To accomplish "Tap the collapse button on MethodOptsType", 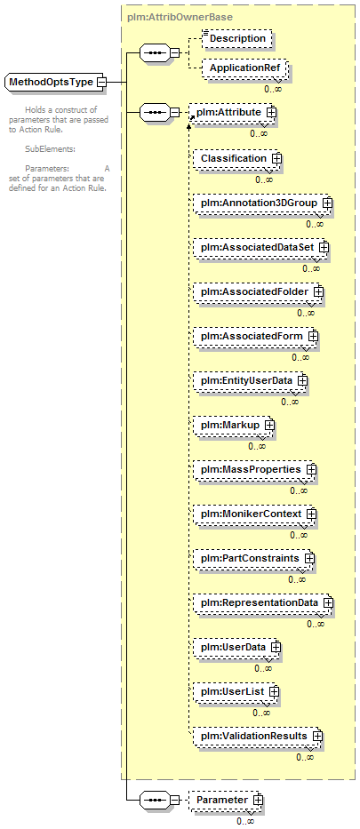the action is click(x=101, y=83).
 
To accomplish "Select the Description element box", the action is click(x=237, y=38).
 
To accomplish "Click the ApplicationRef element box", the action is click(x=244, y=68).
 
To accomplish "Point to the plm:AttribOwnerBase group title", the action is click(x=180, y=17).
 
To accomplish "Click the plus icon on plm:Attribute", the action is click(x=272, y=113).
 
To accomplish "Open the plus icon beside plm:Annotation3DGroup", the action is click(x=328, y=203).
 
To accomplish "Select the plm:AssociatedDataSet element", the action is click(x=261, y=247).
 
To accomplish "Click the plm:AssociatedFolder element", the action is click(x=259, y=291).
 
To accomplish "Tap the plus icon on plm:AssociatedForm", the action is click(x=313, y=336).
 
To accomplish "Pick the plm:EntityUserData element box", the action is click(x=251, y=380).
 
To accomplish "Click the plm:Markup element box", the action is click(x=234, y=425).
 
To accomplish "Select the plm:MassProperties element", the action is click(x=255, y=469).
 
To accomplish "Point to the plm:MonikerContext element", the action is click(x=255, y=514).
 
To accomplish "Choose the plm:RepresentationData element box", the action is click(x=264, y=602).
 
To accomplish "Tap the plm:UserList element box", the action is click(x=236, y=691).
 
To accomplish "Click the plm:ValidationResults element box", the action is click(x=258, y=736).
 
